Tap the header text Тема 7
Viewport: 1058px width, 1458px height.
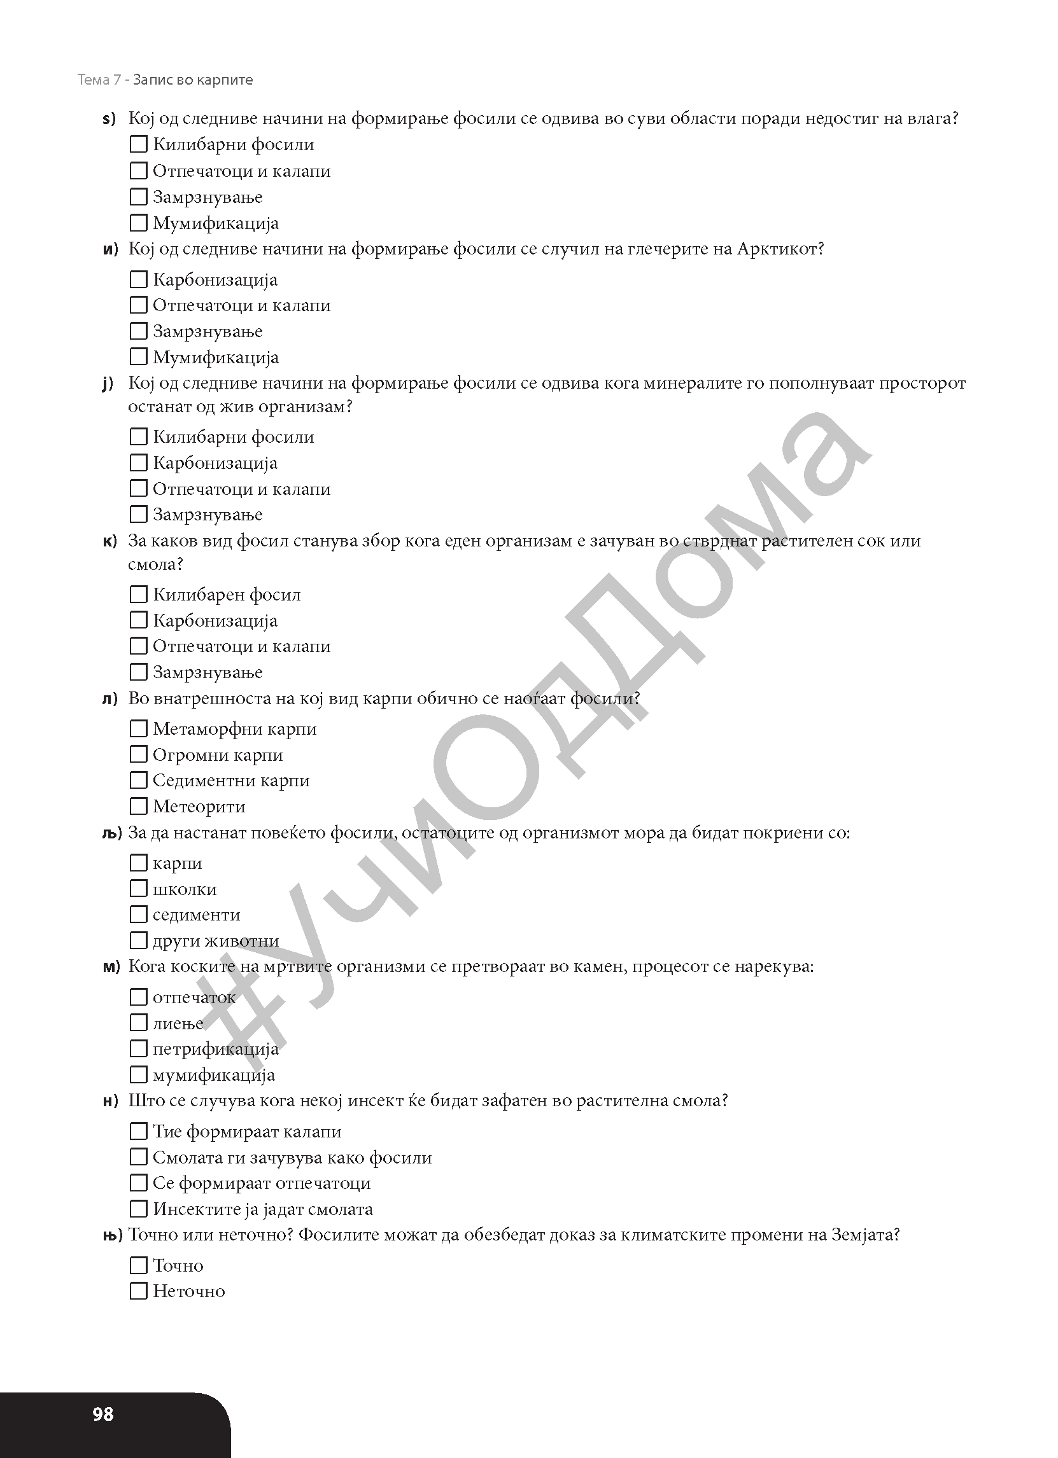coord(99,80)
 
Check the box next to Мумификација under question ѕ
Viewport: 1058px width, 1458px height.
coord(138,223)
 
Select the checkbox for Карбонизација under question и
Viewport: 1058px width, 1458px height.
coord(138,280)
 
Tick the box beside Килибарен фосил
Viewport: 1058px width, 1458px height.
coord(138,594)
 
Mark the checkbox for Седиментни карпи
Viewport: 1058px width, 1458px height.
coord(138,780)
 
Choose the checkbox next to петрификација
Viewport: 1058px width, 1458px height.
coord(138,1048)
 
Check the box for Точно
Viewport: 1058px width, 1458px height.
coord(138,1265)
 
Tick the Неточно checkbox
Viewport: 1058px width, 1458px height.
coord(138,1291)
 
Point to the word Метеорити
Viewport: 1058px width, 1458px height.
coord(199,806)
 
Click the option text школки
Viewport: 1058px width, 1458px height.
coord(185,889)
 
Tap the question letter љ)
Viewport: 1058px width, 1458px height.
coord(112,833)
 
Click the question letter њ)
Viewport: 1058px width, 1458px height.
coord(112,1235)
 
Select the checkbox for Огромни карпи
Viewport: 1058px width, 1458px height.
coord(138,754)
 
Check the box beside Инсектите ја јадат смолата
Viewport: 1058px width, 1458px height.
coord(138,1209)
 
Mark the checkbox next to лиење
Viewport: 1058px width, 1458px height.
coord(138,1023)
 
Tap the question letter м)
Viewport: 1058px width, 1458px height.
coord(111,967)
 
